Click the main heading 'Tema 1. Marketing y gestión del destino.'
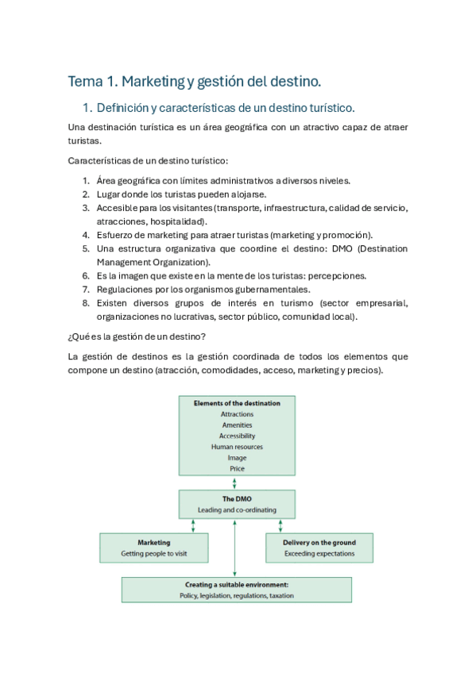195,81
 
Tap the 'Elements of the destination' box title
237,403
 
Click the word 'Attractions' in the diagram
237,414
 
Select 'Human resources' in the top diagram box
237,447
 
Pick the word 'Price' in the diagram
237,469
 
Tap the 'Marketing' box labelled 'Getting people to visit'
153,548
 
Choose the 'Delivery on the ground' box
319,548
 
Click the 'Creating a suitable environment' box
236,590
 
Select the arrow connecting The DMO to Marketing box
193,525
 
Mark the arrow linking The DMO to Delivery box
280,525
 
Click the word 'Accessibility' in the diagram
237,436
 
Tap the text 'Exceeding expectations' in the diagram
319,553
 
